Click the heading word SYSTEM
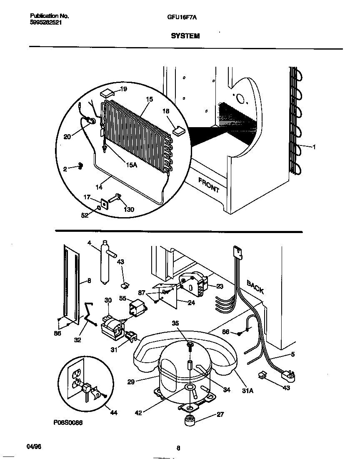click(185, 36)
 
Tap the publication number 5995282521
click(46, 23)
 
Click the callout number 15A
click(131, 165)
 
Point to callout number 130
click(129, 209)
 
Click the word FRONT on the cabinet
click(209, 185)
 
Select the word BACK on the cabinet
click(255, 287)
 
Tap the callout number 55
click(122, 299)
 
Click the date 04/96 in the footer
click(34, 446)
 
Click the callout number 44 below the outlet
click(113, 413)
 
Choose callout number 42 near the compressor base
click(138, 413)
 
